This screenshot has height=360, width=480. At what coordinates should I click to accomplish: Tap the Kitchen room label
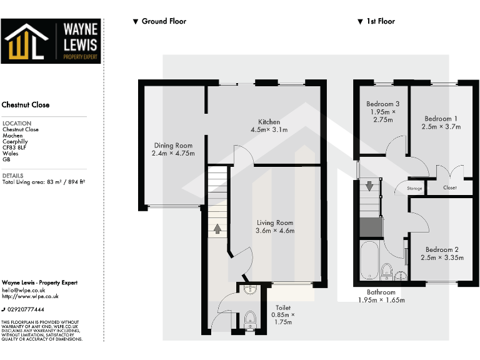(x=269, y=122)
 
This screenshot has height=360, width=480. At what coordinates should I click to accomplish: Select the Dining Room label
(x=173, y=145)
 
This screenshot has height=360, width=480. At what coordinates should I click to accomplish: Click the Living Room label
(x=275, y=222)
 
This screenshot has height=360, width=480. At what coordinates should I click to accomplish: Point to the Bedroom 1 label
(x=441, y=119)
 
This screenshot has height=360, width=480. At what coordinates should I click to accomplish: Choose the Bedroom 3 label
(x=382, y=104)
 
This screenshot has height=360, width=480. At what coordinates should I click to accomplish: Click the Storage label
(x=415, y=188)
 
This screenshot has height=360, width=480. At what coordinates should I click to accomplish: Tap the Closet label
(x=449, y=187)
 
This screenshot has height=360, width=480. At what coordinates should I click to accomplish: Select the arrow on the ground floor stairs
(x=217, y=228)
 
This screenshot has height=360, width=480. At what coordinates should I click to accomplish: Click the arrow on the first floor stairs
(x=369, y=186)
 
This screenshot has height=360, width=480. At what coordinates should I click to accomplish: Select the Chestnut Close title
(x=26, y=105)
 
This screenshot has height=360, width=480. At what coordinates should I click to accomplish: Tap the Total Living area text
(x=43, y=182)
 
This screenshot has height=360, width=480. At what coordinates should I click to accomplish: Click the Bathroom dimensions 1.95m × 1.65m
(x=381, y=300)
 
